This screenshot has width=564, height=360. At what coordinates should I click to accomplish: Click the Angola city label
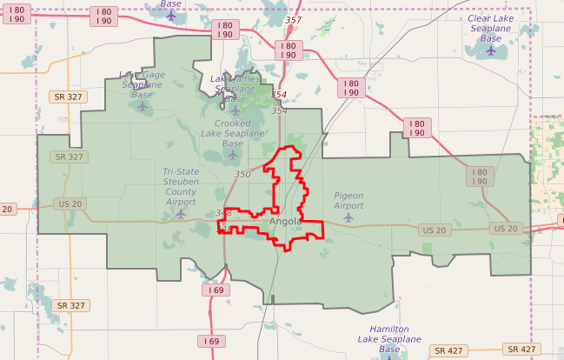285,221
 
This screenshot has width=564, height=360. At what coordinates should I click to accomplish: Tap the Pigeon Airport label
348,201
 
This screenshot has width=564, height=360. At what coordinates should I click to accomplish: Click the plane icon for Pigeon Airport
348,217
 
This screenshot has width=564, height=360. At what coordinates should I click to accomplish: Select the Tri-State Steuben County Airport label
181,186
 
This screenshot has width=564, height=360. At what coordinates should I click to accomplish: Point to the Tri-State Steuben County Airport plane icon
181,212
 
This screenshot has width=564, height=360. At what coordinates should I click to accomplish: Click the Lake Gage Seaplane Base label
142,84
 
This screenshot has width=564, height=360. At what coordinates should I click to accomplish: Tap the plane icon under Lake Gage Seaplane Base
143,106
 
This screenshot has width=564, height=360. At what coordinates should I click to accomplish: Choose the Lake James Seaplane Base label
235,89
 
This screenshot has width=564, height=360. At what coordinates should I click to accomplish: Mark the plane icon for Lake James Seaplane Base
236,110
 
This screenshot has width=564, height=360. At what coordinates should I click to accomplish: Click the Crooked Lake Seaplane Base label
232,133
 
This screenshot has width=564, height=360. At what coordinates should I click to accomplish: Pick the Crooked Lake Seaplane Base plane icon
233,155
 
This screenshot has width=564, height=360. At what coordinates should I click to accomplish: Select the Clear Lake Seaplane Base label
491,28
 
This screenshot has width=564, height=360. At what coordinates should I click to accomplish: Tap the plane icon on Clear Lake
491,50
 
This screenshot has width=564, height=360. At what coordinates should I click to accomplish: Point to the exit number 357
293,20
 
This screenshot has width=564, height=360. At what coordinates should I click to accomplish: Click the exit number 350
242,175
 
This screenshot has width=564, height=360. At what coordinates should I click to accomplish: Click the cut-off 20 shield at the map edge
7,209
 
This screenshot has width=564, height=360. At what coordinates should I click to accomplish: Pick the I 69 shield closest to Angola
215,290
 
